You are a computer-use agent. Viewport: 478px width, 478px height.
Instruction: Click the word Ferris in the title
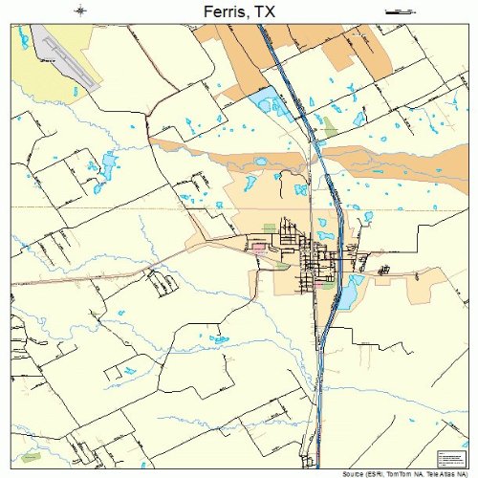pos(226,11)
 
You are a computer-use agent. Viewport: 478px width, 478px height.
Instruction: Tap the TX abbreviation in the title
pos(272,11)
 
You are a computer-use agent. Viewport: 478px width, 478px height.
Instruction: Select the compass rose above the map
pos(81,11)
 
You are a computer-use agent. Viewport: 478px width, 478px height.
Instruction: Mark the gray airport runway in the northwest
pos(65,57)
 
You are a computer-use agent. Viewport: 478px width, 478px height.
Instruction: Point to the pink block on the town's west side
pos(258,247)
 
